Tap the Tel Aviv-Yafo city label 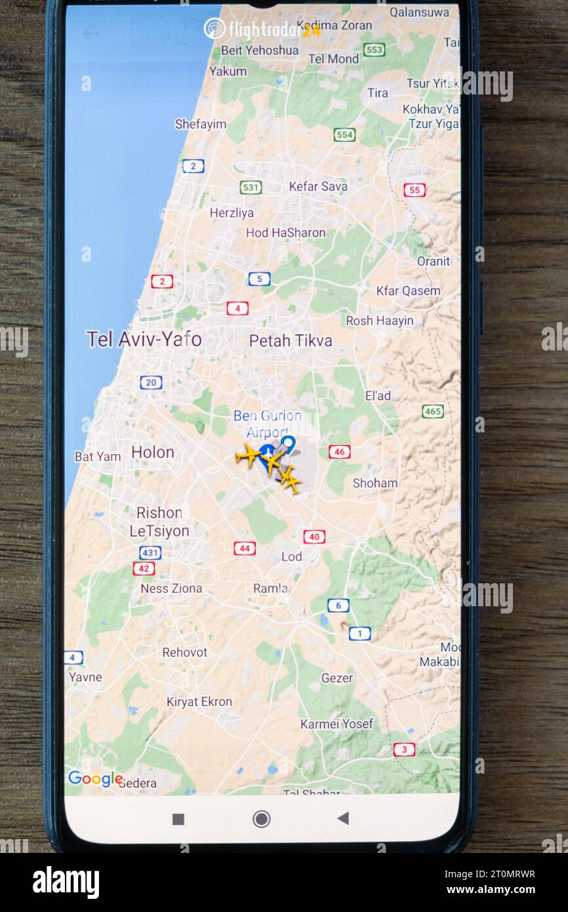click(144, 339)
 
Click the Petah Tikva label click(291, 341)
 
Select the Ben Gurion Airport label click(267, 424)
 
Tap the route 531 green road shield click(250, 188)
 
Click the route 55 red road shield click(414, 190)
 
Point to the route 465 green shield click(432, 411)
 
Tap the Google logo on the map click(95, 779)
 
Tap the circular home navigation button click(261, 818)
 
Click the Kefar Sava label click(318, 186)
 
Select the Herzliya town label click(232, 213)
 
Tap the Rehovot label click(185, 652)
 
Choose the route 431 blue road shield click(150, 553)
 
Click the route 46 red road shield click(339, 451)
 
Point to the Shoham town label click(375, 483)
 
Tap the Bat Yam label click(98, 456)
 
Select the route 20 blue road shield click(151, 383)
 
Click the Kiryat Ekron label click(199, 701)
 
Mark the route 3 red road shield click(404, 749)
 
